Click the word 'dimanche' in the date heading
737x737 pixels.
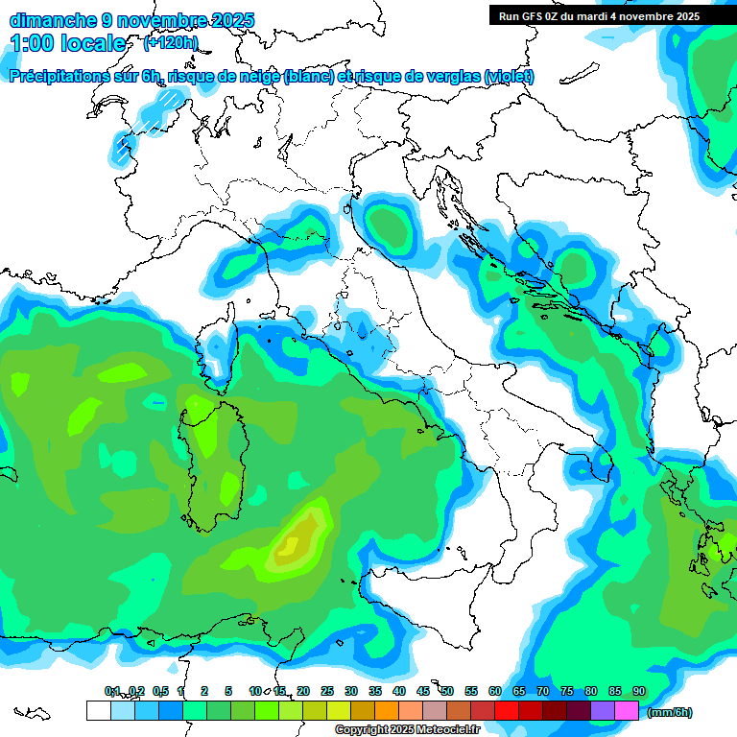tap(53, 20)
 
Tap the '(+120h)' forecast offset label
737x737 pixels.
tap(171, 42)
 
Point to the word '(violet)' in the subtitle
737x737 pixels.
tap(510, 77)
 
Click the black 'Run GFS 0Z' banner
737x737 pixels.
tap(599, 15)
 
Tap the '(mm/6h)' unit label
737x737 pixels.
tap(670, 712)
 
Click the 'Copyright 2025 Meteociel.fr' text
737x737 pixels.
tap(407, 730)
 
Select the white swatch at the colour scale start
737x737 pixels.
tap(98, 710)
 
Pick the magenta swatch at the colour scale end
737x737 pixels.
tap(627, 710)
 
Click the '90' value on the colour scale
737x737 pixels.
tap(638, 691)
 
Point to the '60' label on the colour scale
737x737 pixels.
tap(494, 691)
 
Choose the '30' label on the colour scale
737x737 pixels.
tap(351, 691)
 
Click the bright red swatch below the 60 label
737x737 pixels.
tap(507, 710)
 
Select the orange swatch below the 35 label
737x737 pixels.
tap(387, 710)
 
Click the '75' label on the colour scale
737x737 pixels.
tap(566, 691)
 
